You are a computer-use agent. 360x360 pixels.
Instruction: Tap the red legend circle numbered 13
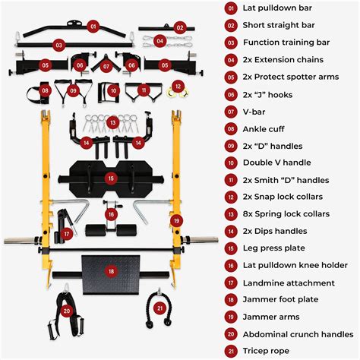pos(230,214)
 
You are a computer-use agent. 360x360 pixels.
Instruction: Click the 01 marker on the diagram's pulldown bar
pos(93,26)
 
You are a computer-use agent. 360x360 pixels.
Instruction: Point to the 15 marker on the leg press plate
pos(112,178)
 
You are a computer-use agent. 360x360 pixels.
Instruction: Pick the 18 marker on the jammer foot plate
pos(112,271)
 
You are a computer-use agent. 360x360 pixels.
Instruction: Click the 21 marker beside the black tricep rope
pos(159,308)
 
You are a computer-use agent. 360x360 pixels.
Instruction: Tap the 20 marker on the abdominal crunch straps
pos(66,311)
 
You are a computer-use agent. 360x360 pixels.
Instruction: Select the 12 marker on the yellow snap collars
pos(178,87)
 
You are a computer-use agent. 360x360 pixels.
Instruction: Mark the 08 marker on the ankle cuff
pos(46,91)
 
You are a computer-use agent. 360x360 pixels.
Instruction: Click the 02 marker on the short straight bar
pos(181,27)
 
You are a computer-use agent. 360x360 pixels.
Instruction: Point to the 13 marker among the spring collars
pos(112,122)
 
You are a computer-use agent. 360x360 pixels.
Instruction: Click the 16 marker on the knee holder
pos(112,215)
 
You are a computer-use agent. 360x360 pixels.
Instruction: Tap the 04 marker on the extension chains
pos(160,40)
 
